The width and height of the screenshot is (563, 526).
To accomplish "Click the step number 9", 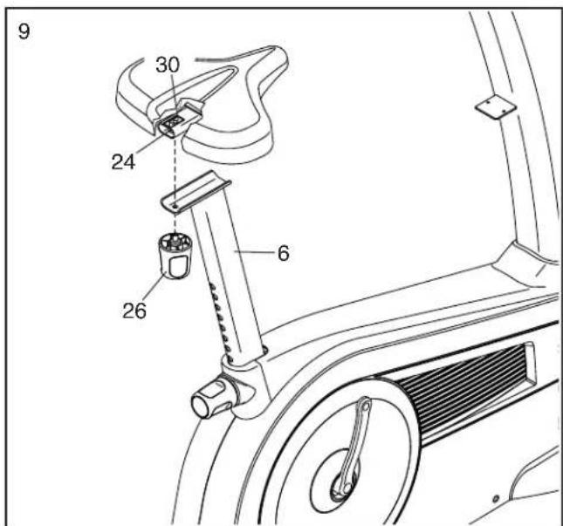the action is point(24,31).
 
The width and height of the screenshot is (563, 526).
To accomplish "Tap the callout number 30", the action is point(168,65).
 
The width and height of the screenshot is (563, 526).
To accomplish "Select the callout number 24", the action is point(123,162).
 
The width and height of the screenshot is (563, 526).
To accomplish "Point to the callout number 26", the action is point(134,311).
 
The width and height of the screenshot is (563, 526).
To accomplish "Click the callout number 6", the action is point(284,253).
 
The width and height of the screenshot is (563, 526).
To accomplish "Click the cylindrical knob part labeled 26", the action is point(175,255).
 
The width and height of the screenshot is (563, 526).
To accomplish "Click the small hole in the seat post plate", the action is point(175,207).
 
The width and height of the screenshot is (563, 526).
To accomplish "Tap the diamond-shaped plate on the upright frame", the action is point(496,106).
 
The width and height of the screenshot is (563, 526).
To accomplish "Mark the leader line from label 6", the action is point(255,252).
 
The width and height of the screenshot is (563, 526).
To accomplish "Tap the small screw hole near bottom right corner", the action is point(496,498).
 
